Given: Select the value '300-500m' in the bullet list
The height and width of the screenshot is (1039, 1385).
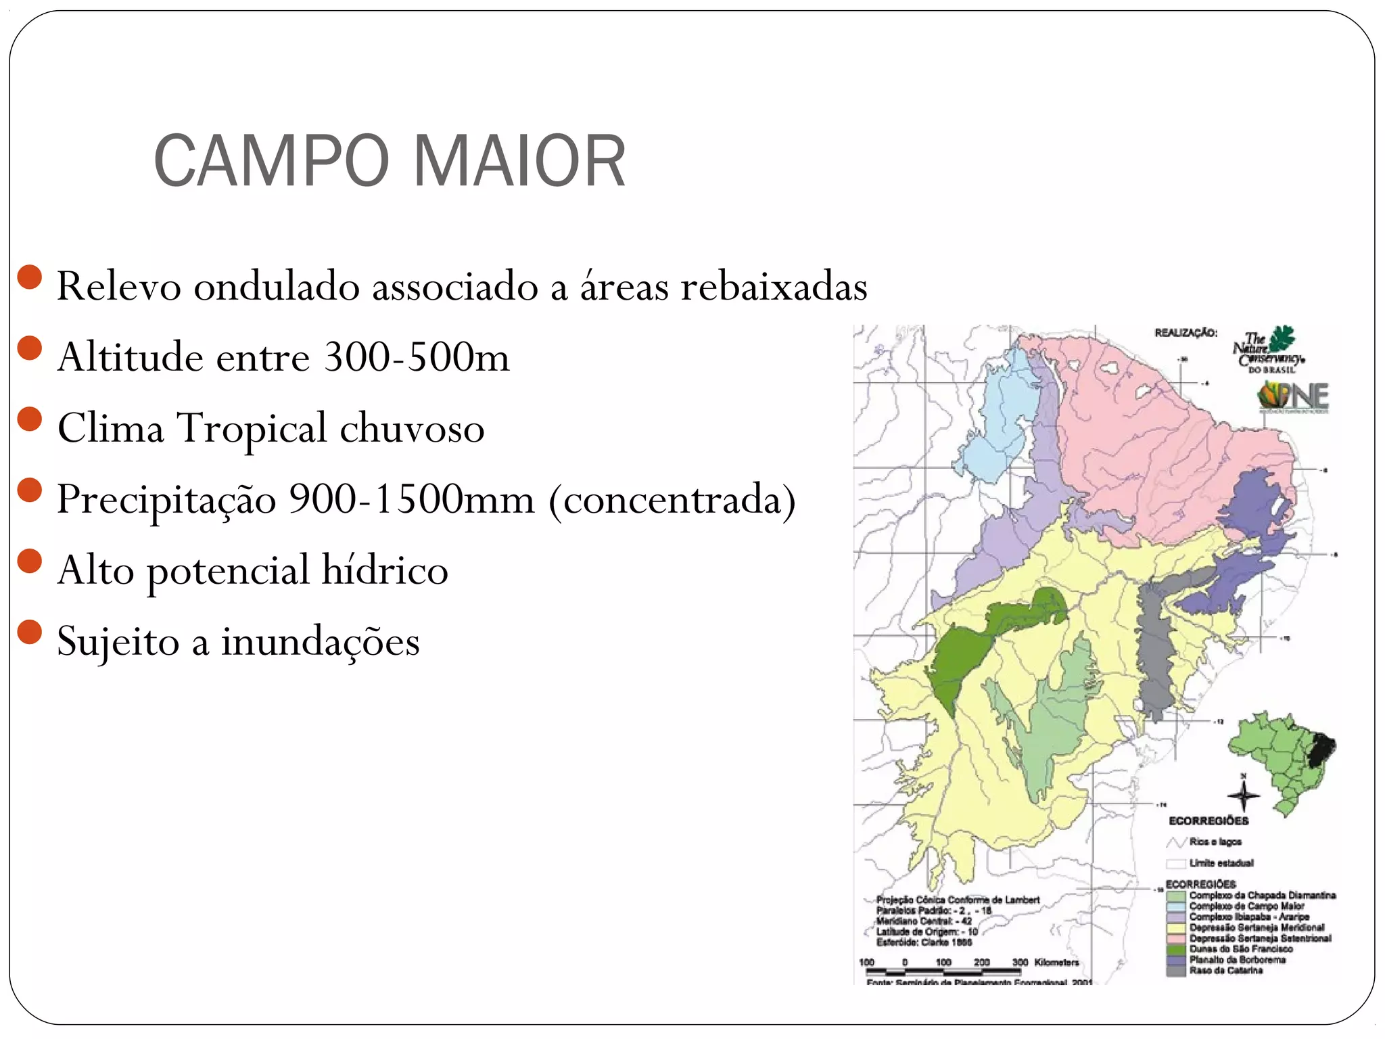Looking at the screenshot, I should tap(416, 357).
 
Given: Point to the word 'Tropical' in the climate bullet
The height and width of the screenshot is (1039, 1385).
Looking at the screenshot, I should tap(252, 428).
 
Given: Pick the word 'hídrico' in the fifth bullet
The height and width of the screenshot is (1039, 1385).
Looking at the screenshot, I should tap(384, 570).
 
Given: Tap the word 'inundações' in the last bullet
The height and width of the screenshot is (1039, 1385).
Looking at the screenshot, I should tap(320, 641).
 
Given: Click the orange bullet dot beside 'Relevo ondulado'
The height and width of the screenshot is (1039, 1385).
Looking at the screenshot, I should tap(30, 277).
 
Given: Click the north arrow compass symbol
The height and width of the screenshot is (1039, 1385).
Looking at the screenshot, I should tap(1243, 795).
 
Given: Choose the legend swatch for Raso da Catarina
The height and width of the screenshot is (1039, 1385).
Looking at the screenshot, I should tap(1176, 971).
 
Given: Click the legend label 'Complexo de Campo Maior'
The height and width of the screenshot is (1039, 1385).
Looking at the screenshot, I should tap(1246, 906).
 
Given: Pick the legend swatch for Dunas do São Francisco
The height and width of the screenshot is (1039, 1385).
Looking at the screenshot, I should tap(1176, 949).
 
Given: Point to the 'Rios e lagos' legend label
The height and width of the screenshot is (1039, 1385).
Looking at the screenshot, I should tap(1215, 842).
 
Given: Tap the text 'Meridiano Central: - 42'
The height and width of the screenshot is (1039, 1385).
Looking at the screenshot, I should tap(924, 921).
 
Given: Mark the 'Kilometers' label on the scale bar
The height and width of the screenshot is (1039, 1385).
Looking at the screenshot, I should tap(1056, 962).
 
